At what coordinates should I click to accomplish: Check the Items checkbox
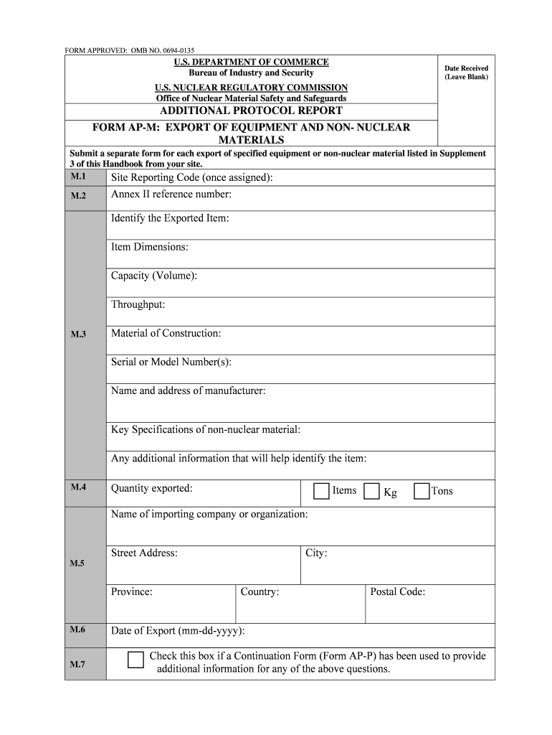[x=321, y=491]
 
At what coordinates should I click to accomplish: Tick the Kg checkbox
[x=371, y=491]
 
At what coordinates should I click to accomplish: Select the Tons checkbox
[x=422, y=491]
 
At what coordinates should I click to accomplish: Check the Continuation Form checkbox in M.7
[x=135, y=660]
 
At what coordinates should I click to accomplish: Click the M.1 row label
[x=78, y=177]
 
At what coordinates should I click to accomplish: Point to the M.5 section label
[x=77, y=563]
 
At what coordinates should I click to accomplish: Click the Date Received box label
[x=466, y=72]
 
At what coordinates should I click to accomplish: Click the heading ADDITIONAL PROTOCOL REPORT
[x=251, y=111]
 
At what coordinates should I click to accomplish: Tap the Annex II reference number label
[x=171, y=195]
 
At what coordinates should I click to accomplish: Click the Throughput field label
[x=138, y=304]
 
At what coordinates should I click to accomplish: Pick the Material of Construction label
[x=166, y=333]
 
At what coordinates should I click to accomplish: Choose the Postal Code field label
[x=397, y=591]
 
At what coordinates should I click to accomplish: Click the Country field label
[x=260, y=591]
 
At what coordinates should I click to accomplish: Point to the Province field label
[x=131, y=591]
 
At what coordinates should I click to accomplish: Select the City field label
[x=316, y=553]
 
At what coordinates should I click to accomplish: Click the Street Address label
[x=144, y=553]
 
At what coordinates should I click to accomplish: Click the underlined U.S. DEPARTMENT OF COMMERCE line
[x=251, y=62]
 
